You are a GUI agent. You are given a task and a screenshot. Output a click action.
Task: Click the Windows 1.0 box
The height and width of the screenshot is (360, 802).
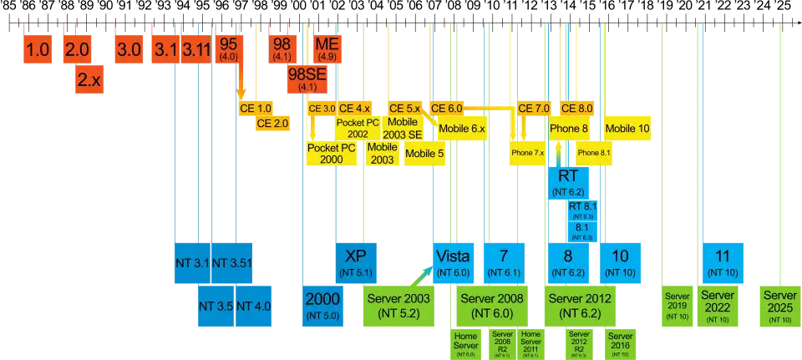pyautogui.click(x=38, y=50)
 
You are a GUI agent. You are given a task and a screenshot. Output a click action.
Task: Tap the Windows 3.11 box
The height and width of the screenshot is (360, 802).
pyautogui.click(x=197, y=50)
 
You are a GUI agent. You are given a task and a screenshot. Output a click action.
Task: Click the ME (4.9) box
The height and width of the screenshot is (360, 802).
pyautogui.click(x=324, y=49)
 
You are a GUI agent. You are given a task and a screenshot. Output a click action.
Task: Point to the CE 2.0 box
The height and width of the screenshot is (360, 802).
pyautogui.click(x=272, y=123)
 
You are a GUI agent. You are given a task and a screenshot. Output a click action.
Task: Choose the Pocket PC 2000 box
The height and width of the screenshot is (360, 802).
pyautogui.click(x=332, y=153)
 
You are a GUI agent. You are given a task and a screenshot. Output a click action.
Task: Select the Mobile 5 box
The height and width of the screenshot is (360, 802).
pyautogui.click(x=424, y=154)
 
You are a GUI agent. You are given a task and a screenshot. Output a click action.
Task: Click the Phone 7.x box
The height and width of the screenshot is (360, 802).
pyautogui.click(x=527, y=154)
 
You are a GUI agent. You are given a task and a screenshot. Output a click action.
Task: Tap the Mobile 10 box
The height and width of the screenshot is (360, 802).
pyautogui.click(x=627, y=129)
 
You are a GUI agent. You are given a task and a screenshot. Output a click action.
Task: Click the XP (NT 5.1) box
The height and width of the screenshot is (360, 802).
pyautogui.click(x=356, y=261)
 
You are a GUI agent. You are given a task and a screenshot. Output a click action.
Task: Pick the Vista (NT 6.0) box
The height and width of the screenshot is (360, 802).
pyautogui.click(x=453, y=261)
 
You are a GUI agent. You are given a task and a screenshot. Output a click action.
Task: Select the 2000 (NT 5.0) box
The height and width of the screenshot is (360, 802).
pyautogui.click(x=321, y=305)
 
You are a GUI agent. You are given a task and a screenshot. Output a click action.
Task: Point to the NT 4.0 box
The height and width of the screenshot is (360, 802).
pyautogui.click(x=253, y=306)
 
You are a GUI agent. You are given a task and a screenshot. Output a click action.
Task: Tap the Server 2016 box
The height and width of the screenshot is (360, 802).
pyautogui.click(x=621, y=343)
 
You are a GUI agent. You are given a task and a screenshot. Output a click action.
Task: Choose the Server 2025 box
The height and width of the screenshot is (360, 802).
pyautogui.click(x=780, y=306)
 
